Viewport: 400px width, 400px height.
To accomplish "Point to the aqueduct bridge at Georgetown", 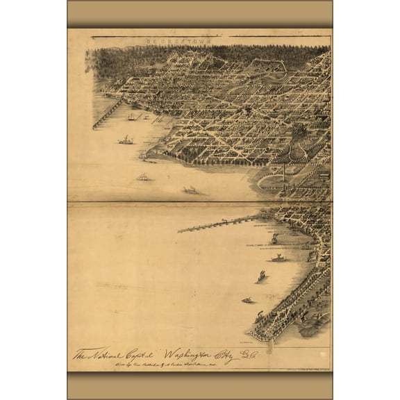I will [108, 113].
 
